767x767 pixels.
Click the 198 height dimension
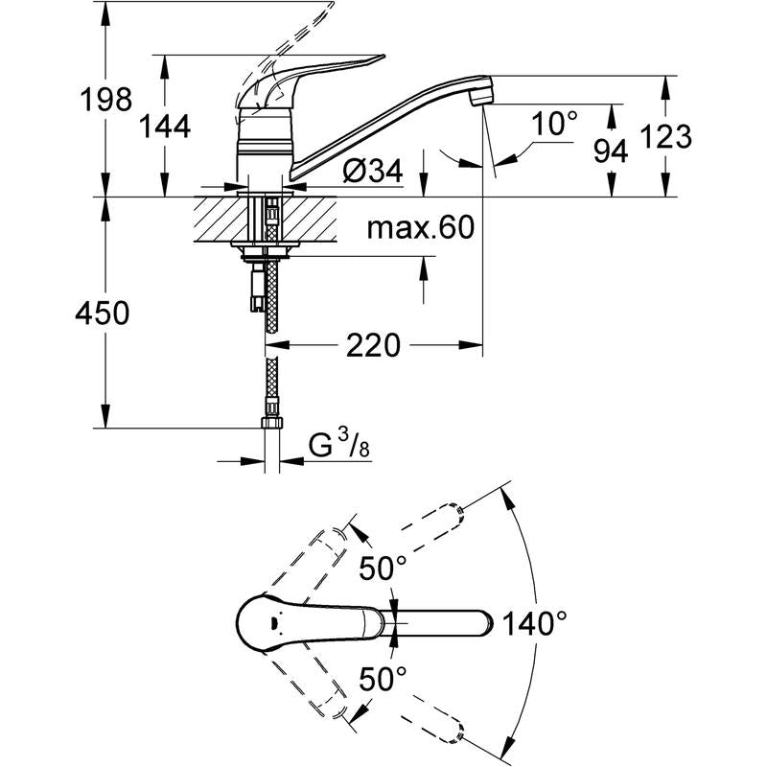coord(106,100)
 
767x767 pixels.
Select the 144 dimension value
coord(165,128)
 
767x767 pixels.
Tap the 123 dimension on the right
coord(665,136)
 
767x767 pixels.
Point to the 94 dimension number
coord(611,151)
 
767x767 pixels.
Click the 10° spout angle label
coord(554,124)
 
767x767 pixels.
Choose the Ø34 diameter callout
coord(373,171)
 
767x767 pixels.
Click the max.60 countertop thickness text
coord(421,227)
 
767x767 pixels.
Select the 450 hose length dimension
coord(103,314)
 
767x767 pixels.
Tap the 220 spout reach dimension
coord(373,345)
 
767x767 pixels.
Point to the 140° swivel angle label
coord(535,624)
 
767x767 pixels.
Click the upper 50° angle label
coord(383,569)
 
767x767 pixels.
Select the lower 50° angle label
coord(383,679)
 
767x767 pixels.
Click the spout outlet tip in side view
coord(479,100)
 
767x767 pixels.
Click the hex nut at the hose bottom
coord(270,422)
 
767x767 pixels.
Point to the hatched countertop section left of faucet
coord(221,219)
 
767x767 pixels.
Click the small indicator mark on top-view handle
coord(273,623)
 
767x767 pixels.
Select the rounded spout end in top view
coord(487,624)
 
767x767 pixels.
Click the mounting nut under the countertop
coord(265,251)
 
